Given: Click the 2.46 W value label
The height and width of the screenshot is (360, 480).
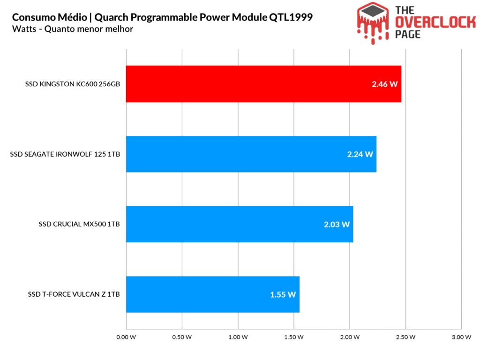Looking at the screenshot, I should [384, 84].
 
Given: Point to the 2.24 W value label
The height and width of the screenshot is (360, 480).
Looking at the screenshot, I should [360, 154].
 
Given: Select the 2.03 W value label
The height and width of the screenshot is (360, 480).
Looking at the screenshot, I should [337, 224].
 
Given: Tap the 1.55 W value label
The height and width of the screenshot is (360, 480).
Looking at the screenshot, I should [283, 294].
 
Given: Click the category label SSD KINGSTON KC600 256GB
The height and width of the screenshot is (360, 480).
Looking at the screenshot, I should [73, 84].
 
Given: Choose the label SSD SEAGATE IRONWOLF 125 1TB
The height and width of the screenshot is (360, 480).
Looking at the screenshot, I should [65, 154].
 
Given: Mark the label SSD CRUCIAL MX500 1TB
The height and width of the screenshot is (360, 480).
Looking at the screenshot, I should [79, 224].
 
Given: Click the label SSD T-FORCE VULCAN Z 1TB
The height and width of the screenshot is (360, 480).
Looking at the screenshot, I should [74, 294].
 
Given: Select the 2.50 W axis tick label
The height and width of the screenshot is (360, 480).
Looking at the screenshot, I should [405, 337].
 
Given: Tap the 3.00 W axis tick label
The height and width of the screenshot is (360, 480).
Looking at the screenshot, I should [462, 337].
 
